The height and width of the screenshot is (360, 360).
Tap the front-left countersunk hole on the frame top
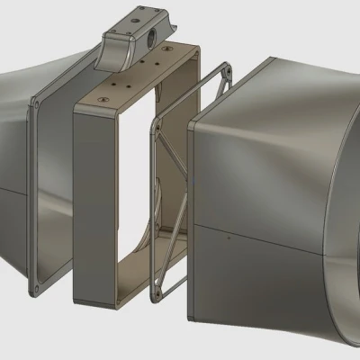coord(105,94)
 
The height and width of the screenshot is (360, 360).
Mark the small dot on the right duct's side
coord(229,238)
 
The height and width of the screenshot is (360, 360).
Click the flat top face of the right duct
coord(270,81)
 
